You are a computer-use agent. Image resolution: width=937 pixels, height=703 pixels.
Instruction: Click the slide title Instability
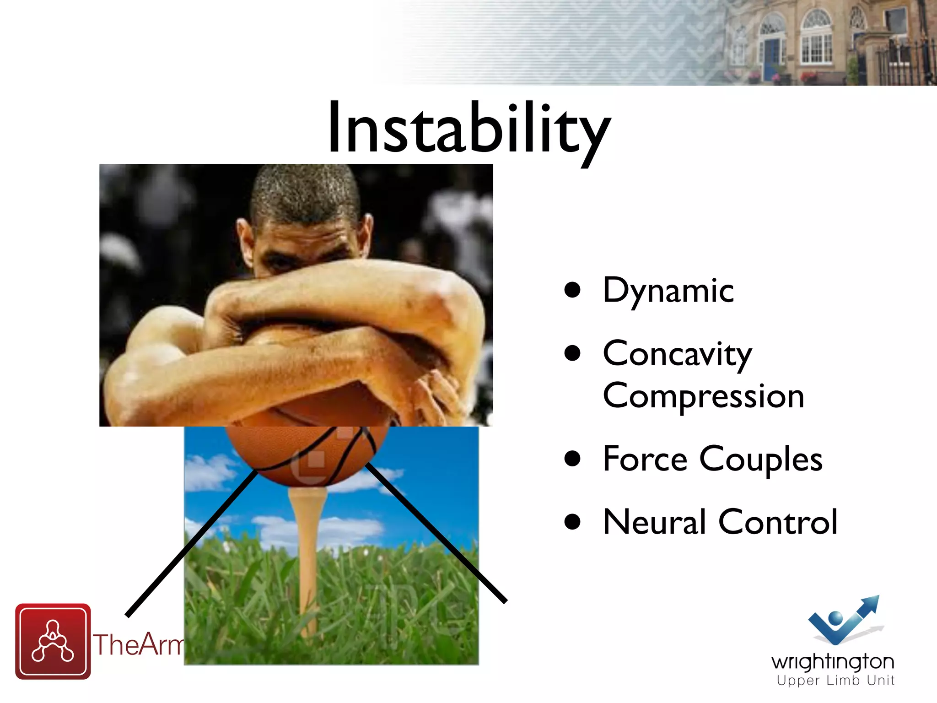click(x=469, y=128)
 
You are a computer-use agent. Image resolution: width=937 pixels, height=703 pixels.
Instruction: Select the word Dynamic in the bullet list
click(x=668, y=291)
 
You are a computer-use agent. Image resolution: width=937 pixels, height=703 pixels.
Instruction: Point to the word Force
click(x=645, y=459)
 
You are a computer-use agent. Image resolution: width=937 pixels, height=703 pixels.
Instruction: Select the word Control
click(x=777, y=522)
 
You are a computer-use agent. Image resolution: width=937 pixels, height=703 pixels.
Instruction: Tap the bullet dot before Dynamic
click(x=572, y=290)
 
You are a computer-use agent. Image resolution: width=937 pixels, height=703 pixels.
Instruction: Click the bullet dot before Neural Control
click(x=572, y=522)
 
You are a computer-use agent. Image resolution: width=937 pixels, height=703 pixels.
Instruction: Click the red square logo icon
click(x=53, y=641)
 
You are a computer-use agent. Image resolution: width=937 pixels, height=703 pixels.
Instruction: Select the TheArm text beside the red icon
click(x=137, y=644)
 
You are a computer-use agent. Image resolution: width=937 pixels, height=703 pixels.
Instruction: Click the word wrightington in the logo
click(x=832, y=662)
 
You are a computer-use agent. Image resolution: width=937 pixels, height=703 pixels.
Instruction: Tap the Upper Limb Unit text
click(x=835, y=681)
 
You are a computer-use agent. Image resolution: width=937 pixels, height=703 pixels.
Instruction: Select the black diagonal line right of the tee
click(x=435, y=533)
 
